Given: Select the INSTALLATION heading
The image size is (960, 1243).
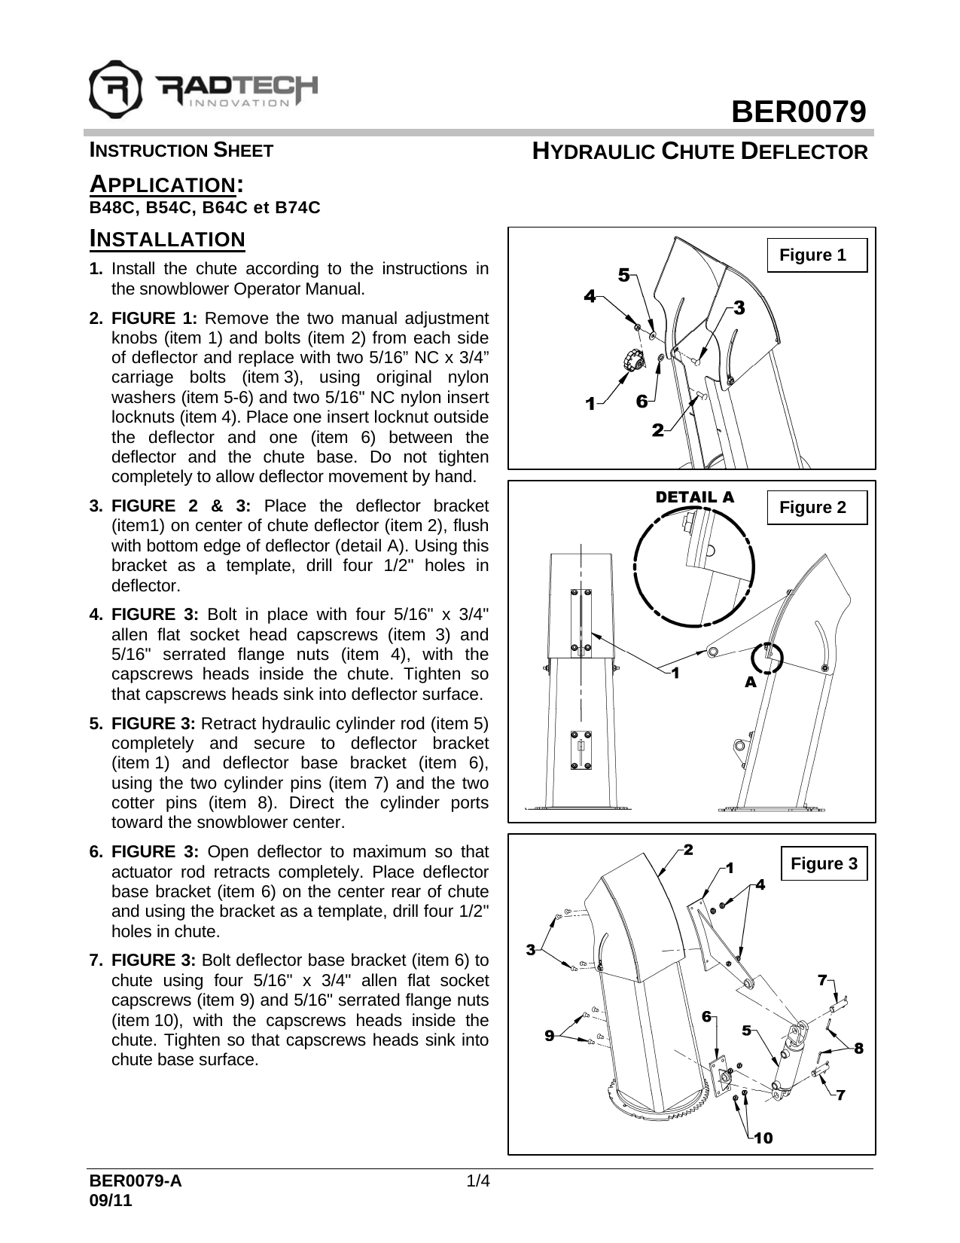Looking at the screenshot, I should pos(167,240).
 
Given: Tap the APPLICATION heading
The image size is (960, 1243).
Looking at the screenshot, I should pos(166,184).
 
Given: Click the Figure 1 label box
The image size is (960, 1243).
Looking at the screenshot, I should pos(816,255).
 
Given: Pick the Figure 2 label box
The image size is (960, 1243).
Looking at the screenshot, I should pos(816,508).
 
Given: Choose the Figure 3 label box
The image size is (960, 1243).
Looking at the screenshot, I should pos(824,863).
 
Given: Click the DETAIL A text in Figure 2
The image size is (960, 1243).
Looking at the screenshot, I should pos(694,497).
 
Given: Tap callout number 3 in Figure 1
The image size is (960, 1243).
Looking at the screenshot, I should pos(739,307).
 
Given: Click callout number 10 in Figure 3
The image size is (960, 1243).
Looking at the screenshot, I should pos(763,1138).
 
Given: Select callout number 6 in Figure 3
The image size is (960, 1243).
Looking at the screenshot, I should pos(706,1016).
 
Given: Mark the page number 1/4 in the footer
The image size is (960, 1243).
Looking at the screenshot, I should pos(479,1180).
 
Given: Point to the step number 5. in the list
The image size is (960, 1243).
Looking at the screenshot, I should pos(96,724).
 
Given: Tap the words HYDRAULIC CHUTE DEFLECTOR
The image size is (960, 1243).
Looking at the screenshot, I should pos(700,151).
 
